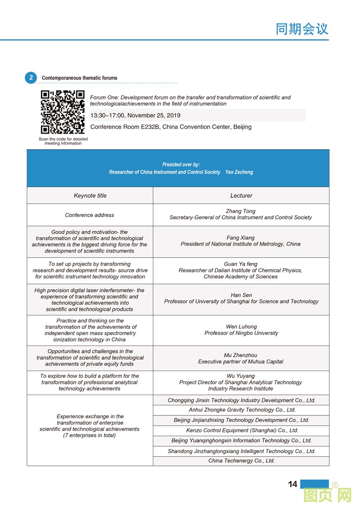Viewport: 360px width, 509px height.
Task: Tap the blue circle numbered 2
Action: (31, 78)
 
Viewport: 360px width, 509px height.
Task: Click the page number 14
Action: (292, 484)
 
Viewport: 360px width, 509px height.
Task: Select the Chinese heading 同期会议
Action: (302, 29)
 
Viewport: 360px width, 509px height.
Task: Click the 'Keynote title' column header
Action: (90, 196)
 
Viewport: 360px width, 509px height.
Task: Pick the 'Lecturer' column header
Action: (241, 196)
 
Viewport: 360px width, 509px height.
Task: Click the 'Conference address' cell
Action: (89, 215)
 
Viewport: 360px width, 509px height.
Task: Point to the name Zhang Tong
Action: (240, 211)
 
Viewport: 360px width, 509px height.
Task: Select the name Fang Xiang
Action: (240, 238)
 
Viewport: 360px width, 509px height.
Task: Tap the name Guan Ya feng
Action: (240, 264)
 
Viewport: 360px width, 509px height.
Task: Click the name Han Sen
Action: (241, 295)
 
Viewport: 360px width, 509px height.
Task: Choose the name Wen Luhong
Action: (241, 327)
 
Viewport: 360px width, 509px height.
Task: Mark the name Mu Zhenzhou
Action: (240, 355)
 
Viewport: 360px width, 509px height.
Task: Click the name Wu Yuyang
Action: (240, 376)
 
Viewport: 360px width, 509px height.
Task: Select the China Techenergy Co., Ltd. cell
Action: (241, 461)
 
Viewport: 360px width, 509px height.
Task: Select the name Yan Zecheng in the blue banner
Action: (239, 172)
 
